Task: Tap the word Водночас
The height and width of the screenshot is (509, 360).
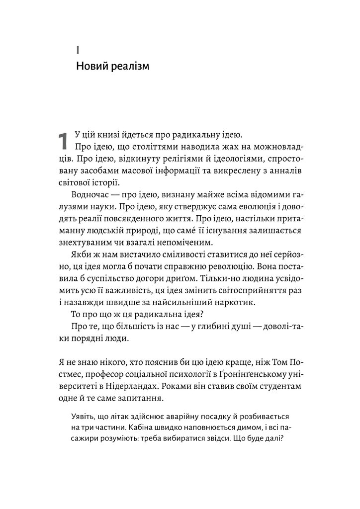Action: point(92,194)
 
